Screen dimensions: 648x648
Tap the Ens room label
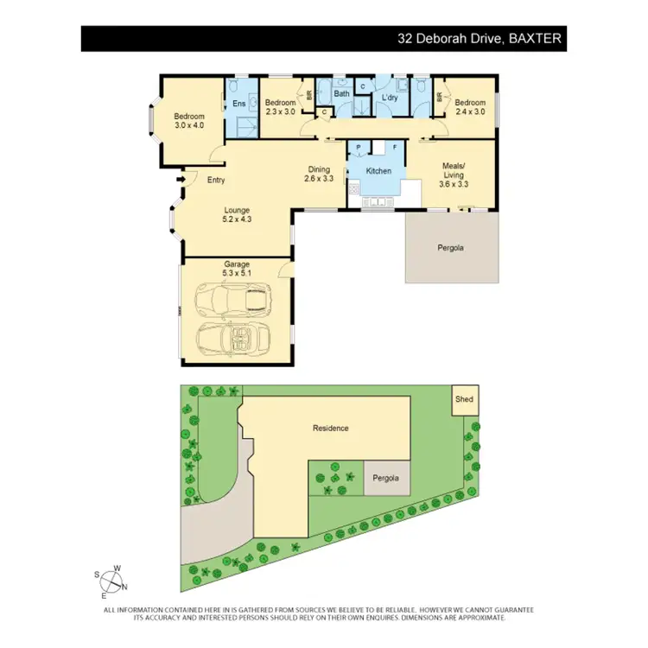pyautogui.click(x=239, y=105)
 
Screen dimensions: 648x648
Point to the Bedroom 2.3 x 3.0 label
pyautogui.click(x=280, y=106)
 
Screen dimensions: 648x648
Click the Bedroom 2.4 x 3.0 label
pyautogui.click(x=471, y=106)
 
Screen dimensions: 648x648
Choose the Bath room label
pyautogui.click(x=341, y=93)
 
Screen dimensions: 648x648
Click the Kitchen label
pyautogui.click(x=378, y=171)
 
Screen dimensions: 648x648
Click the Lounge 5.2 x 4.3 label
pyautogui.click(x=236, y=214)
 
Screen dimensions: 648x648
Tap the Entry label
pyautogui.click(x=216, y=180)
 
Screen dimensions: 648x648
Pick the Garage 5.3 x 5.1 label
pyautogui.click(x=236, y=268)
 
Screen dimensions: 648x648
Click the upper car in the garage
pyautogui.click(x=234, y=300)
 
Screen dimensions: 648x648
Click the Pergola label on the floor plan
pyautogui.click(x=450, y=248)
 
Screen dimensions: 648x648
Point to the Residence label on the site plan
pyautogui.click(x=330, y=428)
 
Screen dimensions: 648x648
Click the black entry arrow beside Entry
pyautogui.click(x=181, y=180)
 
